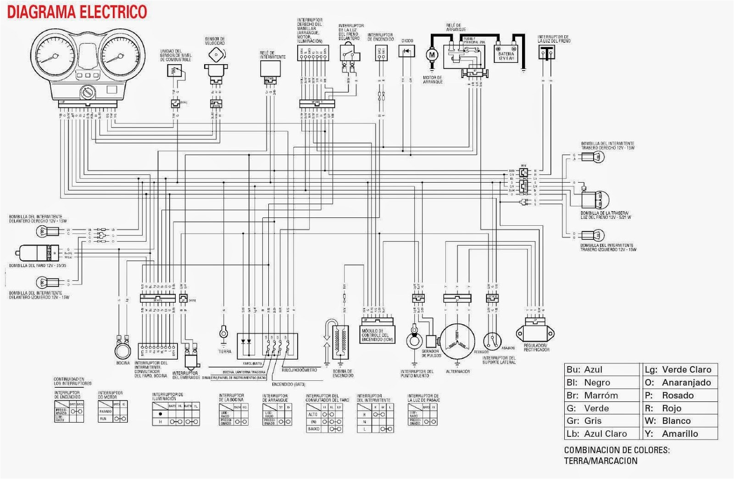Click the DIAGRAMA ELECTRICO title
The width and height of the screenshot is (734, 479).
tap(77, 11)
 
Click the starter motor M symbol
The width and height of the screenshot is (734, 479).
tap(432, 55)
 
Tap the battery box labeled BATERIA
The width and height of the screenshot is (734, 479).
tap(506, 54)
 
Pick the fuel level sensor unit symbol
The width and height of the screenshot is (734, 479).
tap(174, 70)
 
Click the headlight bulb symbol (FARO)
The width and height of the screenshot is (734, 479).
tap(34, 253)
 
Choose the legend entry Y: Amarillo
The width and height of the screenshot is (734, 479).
tap(679, 434)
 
